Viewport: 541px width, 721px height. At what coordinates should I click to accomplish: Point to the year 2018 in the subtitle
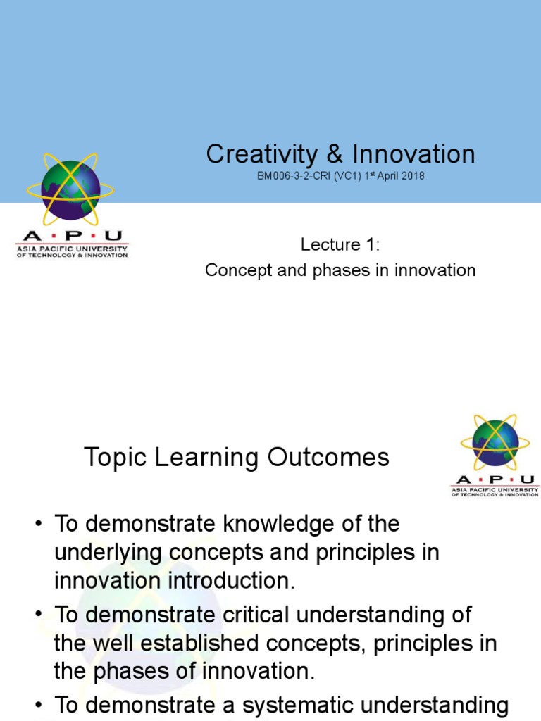click(411, 175)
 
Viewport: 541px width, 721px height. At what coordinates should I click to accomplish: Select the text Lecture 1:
click(340, 245)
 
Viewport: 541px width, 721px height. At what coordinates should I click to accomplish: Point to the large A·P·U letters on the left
click(72, 237)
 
